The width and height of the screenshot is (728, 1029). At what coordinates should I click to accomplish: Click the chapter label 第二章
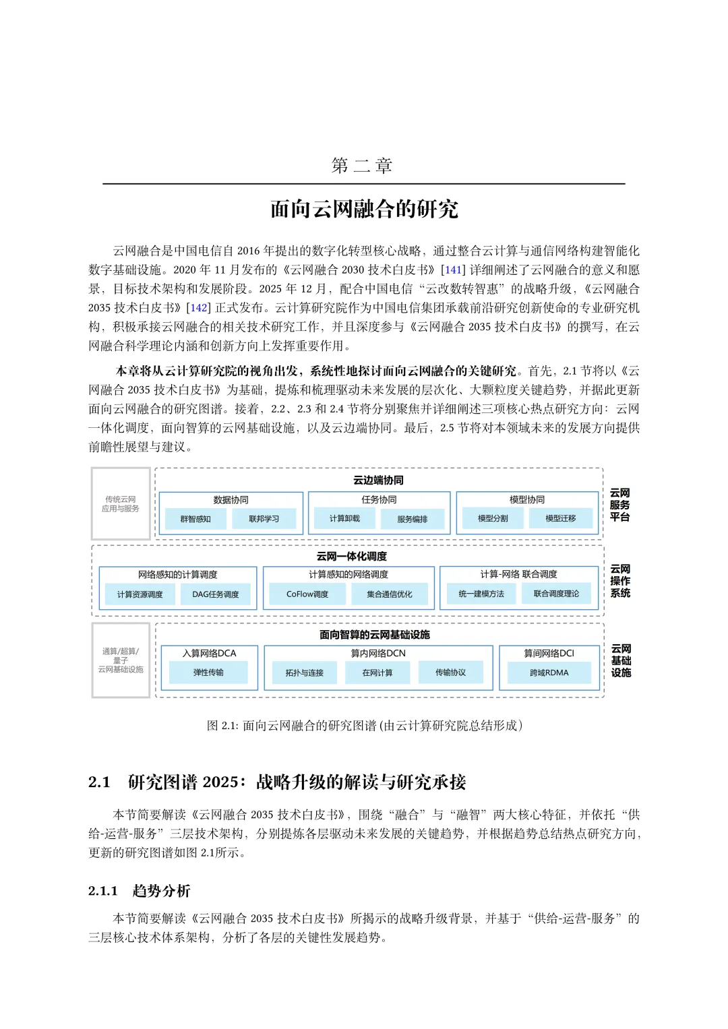point(362,166)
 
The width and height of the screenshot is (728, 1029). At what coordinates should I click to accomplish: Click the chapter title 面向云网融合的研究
point(364,210)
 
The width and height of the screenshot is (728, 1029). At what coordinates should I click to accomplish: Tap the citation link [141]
point(452,270)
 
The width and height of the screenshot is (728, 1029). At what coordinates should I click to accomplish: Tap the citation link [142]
point(198,308)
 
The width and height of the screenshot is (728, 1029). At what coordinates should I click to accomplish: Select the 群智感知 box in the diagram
point(195,519)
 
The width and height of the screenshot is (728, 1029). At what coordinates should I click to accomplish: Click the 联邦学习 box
point(264,519)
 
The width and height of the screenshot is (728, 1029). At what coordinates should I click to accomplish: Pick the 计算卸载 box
point(344,519)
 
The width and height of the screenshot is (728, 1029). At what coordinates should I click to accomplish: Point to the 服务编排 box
point(413,519)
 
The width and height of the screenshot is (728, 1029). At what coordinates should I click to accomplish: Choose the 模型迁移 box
point(560,519)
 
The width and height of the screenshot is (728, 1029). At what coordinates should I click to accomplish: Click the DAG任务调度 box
point(216,594)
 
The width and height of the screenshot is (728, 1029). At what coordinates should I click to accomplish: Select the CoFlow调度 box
point(307,594)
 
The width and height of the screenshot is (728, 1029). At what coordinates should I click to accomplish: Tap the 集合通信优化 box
point(390,594)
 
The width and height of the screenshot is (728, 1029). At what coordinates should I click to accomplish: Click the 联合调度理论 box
point(556,594)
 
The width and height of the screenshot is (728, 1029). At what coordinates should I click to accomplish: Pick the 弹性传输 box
point(208,673)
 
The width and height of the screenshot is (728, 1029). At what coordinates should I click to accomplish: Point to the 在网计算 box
point(377,673)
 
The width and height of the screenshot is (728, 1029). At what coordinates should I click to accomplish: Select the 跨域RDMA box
point(549,673)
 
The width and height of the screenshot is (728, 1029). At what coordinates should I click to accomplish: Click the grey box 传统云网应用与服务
point(121,504)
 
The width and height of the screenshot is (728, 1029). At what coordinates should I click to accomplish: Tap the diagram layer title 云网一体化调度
point(352,557)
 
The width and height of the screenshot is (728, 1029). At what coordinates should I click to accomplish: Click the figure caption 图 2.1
point(364,726)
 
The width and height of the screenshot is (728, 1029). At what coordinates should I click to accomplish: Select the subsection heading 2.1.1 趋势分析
point(140,891)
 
